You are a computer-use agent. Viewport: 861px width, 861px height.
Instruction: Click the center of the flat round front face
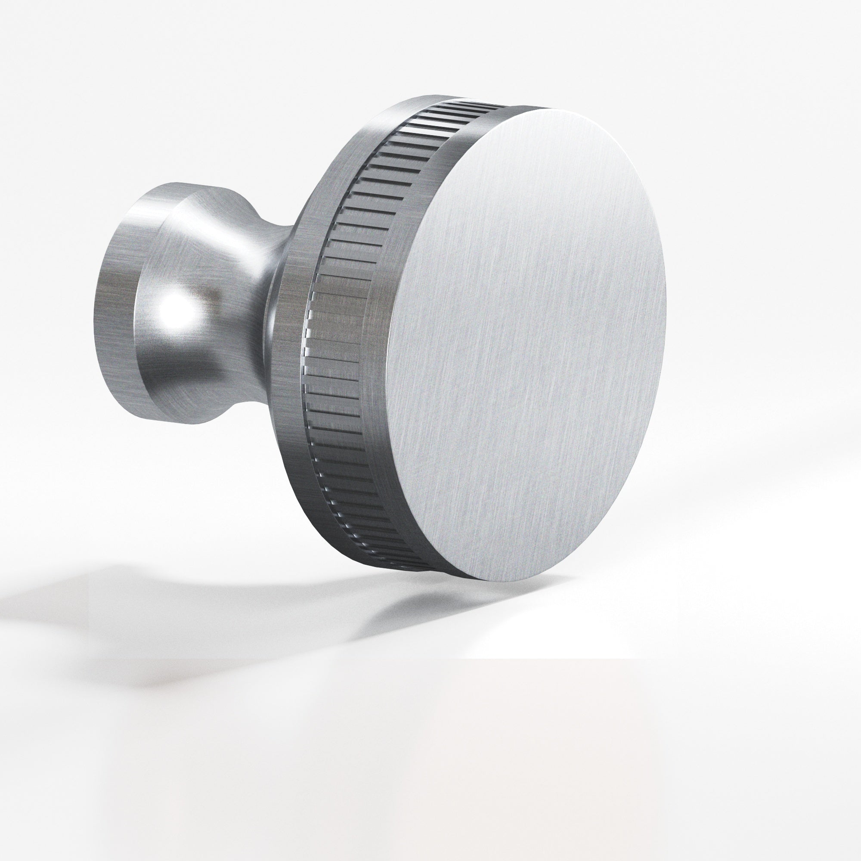pos(526,343)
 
